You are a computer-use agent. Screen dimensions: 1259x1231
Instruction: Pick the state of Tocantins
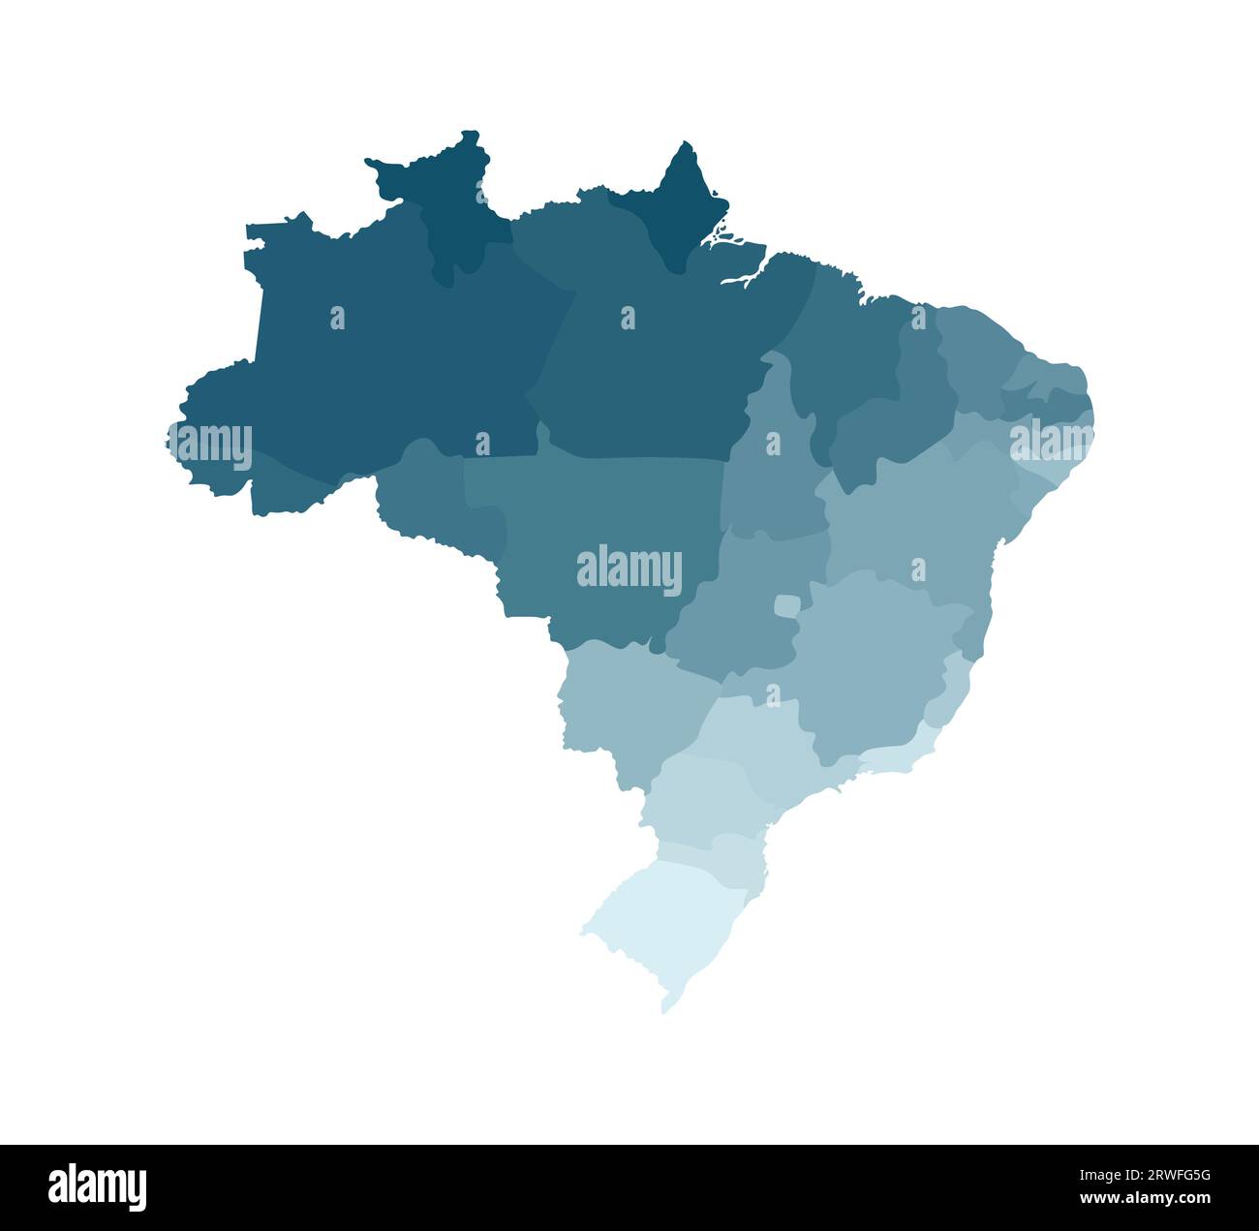click(775, 475)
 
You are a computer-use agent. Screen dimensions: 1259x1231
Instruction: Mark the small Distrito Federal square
click(786, 606)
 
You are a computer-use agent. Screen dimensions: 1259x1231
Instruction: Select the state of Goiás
click(736, 620)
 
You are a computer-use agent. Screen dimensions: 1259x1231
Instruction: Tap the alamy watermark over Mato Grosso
click(629, 570)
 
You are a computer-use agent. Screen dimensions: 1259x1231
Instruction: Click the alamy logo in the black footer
click(98, 1187)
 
